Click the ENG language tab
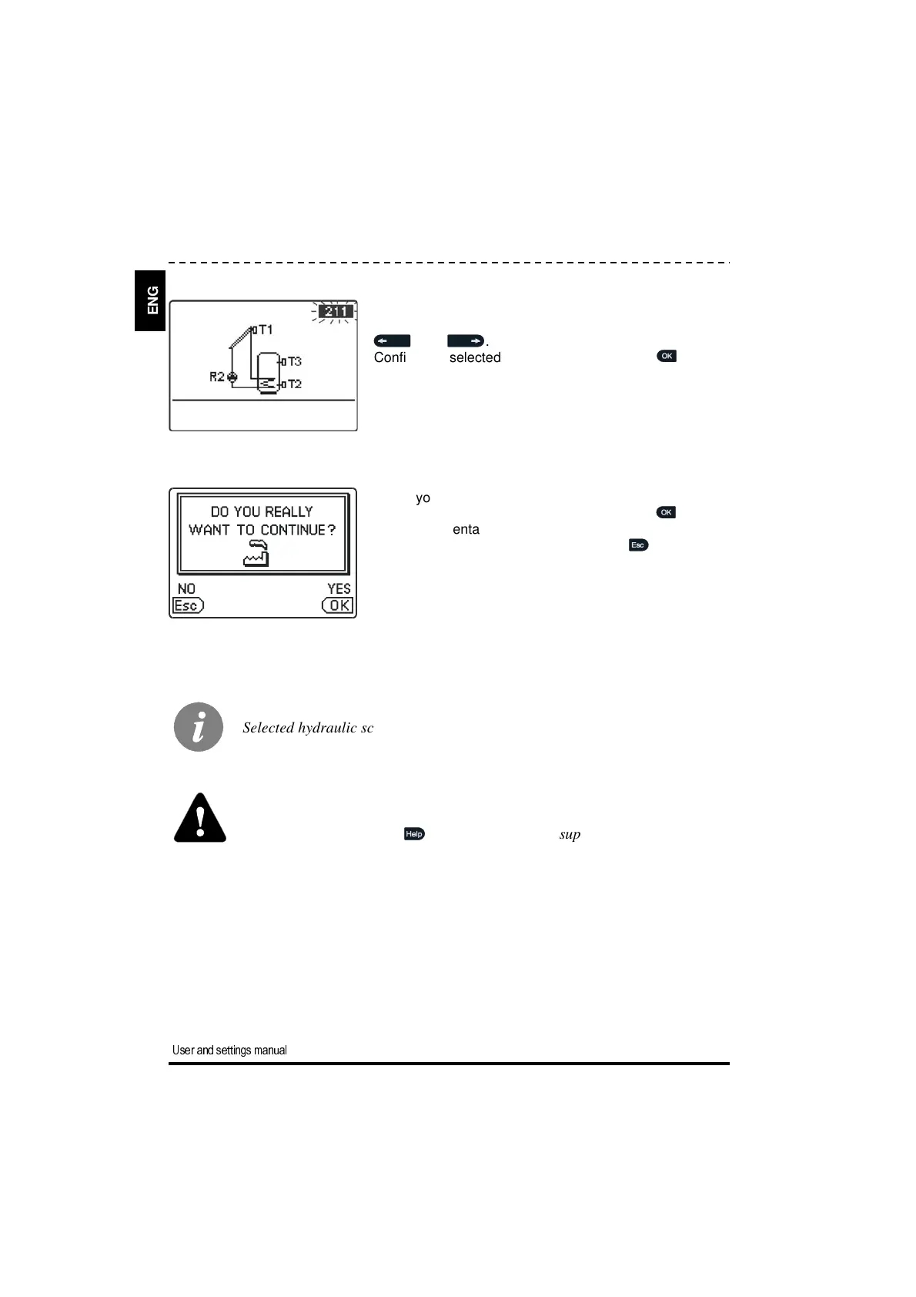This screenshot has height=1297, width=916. pos(152,300)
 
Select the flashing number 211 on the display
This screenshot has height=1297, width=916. pos(336,312)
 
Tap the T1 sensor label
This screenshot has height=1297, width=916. pos(264,330)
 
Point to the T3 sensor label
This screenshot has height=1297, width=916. pos(293,361)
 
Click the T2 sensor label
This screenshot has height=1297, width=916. pos(293,384)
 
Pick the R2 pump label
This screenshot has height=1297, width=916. pos(217,377)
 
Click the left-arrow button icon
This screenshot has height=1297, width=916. pos(392,340)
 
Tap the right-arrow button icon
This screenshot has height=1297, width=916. pos(466,340)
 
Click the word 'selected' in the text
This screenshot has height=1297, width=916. pos(475,357)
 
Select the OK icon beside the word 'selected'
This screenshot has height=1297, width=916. pos(667,356)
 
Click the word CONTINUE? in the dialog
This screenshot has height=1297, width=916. pos(298,530)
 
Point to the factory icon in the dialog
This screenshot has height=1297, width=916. pos(256,554)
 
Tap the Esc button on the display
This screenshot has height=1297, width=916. pos(188,605)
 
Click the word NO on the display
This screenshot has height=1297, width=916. pos(186,589)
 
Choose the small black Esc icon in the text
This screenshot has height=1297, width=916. pos(638,545)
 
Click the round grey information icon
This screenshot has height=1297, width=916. pos(199,727)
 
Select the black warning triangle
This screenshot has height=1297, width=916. pos(200,819)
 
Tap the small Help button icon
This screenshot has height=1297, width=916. pos(414,834)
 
